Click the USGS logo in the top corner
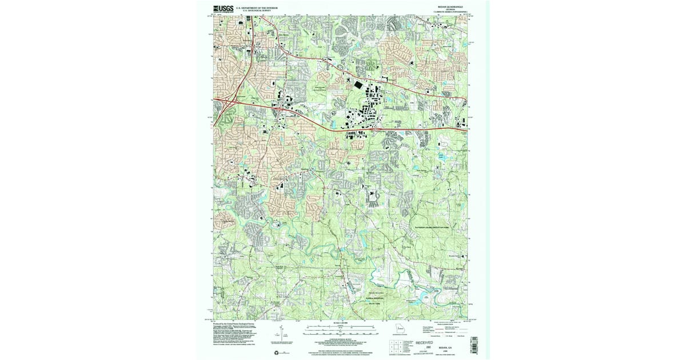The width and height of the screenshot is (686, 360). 224,9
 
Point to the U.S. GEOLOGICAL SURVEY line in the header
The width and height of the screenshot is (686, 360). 256,10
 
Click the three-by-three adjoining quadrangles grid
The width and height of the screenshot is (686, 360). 396,345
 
